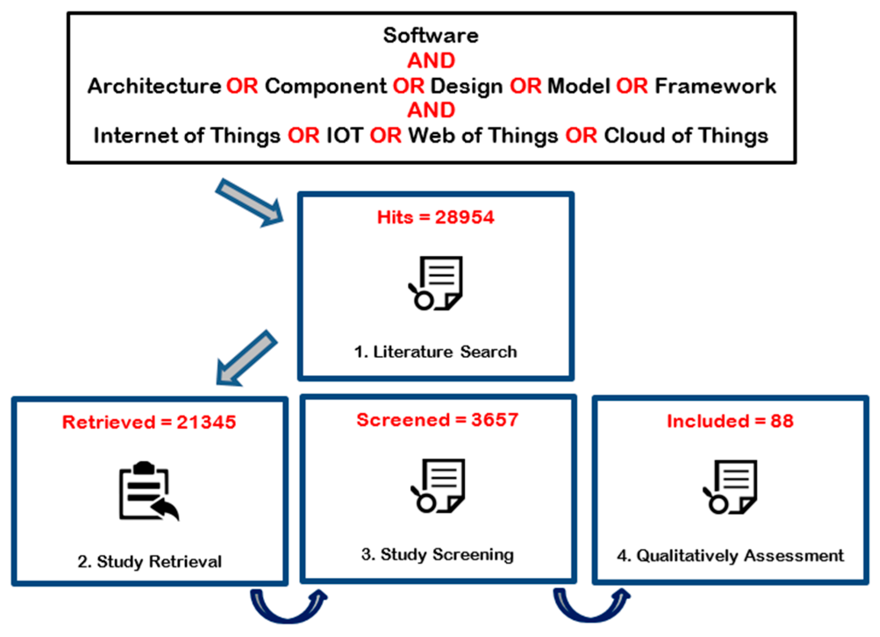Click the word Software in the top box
431,36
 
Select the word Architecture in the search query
154,86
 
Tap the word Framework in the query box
715,86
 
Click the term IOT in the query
345,135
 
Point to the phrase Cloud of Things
686,135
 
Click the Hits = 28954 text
435,217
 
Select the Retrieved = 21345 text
149,422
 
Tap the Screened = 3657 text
437,420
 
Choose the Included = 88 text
730,421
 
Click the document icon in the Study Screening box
438,485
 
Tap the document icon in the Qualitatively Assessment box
730,487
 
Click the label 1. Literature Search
435,352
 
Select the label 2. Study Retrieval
150,562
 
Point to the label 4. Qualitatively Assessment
730,556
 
